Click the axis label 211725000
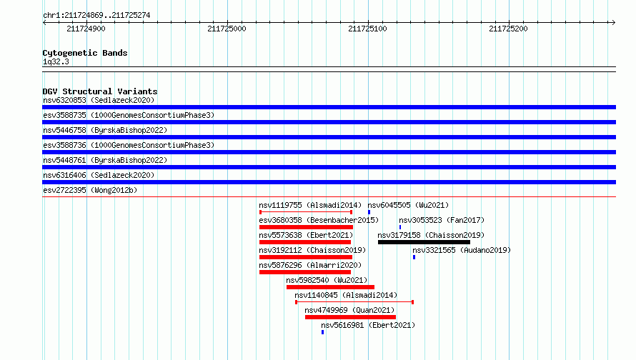pos(227,29)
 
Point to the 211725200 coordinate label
pos(508,29)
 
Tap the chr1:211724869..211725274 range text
pos(96,16)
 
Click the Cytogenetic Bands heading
pos(85,53)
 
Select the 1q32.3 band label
pos(56,61)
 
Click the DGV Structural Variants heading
pos(100,91)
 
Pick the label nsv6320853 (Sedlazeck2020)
pos(99,100)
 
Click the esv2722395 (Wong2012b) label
pos(90,190)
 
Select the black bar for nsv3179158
pos(424,242)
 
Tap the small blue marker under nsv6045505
pos(369,212)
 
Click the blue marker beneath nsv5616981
pos(322,332)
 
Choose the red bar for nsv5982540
pos(330,287)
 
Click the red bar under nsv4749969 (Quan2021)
pos(350,317)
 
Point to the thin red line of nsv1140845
pos(354,302)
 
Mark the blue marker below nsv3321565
pos(414,257)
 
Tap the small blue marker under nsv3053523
pos(400,227)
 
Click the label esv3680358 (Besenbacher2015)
pos(319,220)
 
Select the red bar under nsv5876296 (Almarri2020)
pos(305,272)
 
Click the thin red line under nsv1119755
pos(306,212)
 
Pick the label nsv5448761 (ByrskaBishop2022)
pos(105,160)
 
